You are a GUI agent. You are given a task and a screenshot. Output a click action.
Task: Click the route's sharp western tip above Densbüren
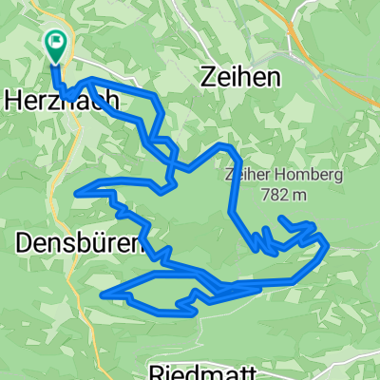(x=76, y=193)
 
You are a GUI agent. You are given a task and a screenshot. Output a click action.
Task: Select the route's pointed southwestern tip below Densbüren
(x=102, y=294)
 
